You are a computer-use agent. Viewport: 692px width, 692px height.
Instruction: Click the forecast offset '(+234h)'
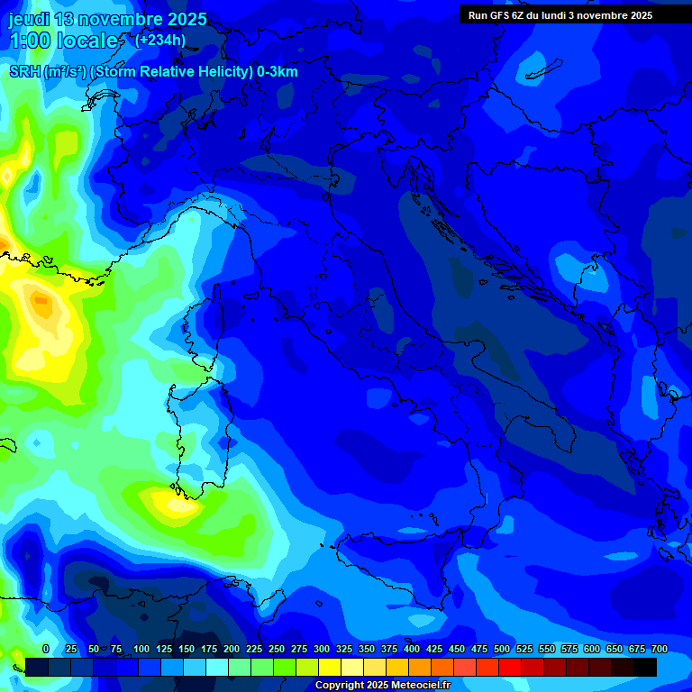point(160,41)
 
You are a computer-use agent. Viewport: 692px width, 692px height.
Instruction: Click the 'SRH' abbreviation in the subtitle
point(24,72)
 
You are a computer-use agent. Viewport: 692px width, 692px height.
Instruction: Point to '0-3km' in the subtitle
point(277,72)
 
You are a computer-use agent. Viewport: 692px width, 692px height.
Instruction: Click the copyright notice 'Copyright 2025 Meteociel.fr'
point(382,686)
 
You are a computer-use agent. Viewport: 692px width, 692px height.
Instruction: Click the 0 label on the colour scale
point(45,649)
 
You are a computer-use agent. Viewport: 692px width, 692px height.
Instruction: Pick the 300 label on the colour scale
point(322,649)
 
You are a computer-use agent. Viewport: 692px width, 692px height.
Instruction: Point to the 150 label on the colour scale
point(187,649)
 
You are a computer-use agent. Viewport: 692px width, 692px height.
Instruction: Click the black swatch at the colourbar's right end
point(645,668)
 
